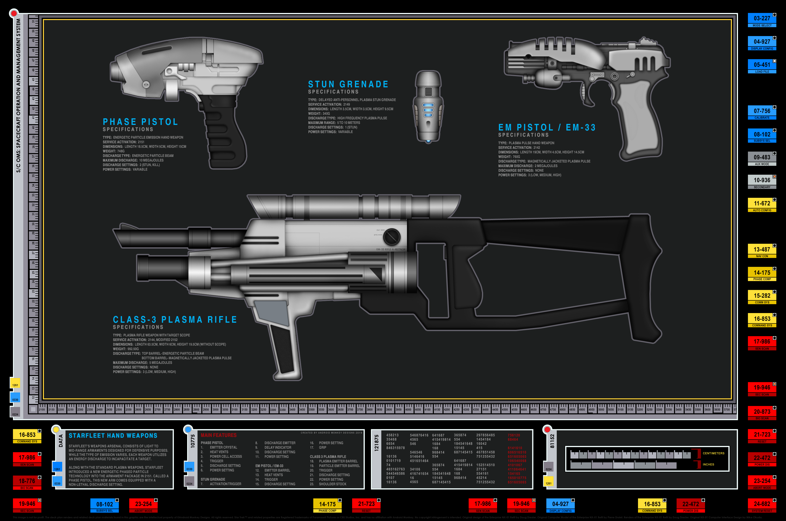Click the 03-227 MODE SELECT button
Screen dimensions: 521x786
762,20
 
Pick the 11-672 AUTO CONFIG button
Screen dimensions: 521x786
762,205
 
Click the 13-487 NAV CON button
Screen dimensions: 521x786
762,251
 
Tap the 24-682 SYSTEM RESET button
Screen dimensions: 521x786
762,505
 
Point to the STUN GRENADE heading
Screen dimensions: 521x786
348,84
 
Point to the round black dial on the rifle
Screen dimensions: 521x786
392,237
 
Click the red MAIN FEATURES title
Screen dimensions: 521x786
219,435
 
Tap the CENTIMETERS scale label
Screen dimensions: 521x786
713,453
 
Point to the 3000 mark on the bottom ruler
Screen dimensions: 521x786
216,410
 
